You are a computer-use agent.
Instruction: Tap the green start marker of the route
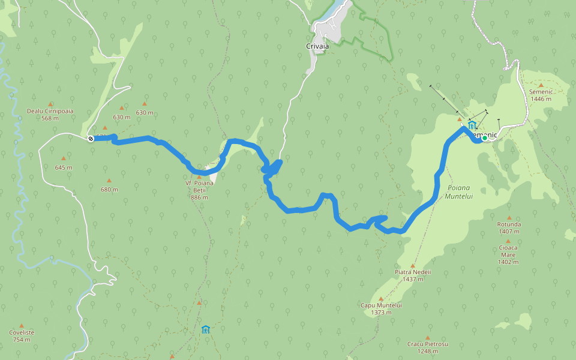pyautogui.click(x=484, y=138)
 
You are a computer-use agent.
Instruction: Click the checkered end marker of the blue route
pyautogui.click(x=91, y=139)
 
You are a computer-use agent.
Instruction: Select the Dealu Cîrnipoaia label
pyautogui.click(x=50, y=114)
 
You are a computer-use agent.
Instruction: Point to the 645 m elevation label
pyautogui.click(x=63, y=167)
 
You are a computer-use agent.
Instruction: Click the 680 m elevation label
pyautogui.click(x=109, y=190)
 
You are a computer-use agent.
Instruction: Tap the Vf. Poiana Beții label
pyautogui.click(x=200, y=190)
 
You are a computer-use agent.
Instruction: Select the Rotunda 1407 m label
pyautogui.click(x=509, y=227)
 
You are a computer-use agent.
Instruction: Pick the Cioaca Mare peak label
pyautogui.click(x=508, y=254)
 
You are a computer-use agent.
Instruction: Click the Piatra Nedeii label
pyautogui.click(x=413, y=275)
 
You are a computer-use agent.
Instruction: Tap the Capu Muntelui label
pyautogui.click(x=381, y=308)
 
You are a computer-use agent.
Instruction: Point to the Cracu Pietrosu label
pyautogui.click(x=427, y=347)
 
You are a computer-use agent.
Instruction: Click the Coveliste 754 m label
pyautogui.click(x=22, y=335)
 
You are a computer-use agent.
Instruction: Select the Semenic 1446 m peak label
pyautogui.click(x=540, y=95)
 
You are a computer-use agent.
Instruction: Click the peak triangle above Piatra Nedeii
pyautogui.click(x=413, y=265)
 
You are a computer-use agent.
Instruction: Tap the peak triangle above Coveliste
pyautogui.click(x=22, y=325)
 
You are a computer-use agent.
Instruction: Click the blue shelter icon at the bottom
pyautogui.click(x=206, y=329)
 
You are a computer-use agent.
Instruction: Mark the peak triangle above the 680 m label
pyautogui.click(x=109, y=181)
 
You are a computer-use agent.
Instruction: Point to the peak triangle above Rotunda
pyautogui.click(x=509, y=218)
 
